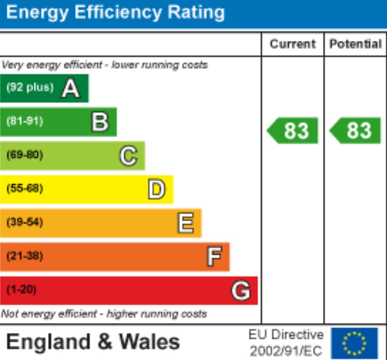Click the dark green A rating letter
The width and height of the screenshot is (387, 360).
(70, 88)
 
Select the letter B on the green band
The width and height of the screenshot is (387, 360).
(100, 122)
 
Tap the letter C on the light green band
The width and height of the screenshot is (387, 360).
(128, 156)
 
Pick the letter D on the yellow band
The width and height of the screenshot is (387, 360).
(157, 189)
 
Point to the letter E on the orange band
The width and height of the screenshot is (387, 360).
(185, 223)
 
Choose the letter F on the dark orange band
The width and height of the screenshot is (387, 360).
(214, 257)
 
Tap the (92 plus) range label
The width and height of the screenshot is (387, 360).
(30, 88)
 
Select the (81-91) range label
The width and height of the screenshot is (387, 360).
(25, 122)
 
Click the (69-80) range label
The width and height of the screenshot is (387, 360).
(25, 155)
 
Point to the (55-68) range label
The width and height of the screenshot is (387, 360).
(25, 189)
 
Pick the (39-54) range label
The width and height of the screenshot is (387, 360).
(25, 223)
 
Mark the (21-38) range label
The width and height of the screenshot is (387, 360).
(25, 256)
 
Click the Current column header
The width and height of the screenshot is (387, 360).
(293, 44)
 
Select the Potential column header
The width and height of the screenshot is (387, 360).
(356, 44)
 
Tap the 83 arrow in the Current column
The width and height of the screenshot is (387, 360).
(293, 131)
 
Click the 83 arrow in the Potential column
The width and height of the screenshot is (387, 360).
(356, 131)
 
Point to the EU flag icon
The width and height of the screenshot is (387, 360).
(354, 342)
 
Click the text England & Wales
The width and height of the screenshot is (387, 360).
(93, 342)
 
